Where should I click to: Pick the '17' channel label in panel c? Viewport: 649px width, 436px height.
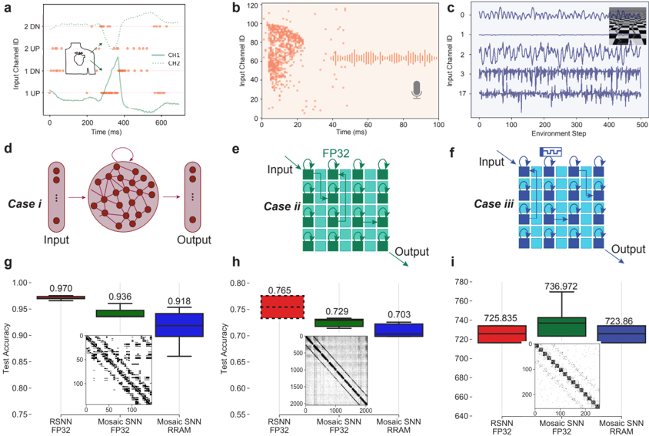click(x=464, y=94)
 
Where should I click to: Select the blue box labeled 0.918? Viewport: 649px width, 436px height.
click(x=178, y=324)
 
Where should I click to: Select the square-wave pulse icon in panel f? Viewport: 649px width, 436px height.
click(x=552, y=153)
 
